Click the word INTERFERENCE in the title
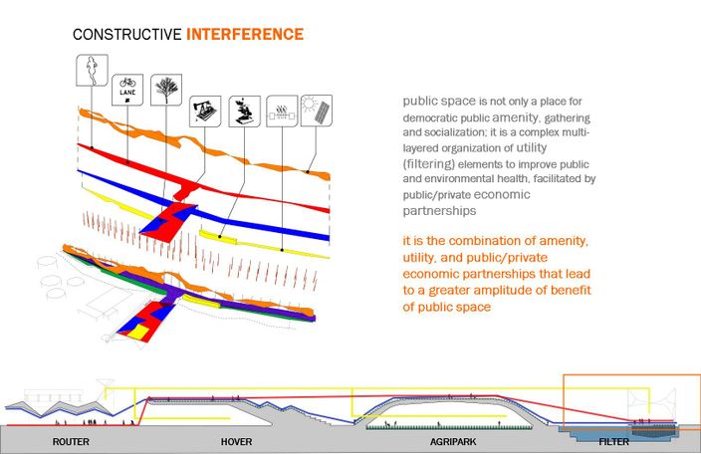click(x=245, y=35)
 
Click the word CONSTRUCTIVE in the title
click(x=127, y=35)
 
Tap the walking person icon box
click(x=92, y=70)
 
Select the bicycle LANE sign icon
click(x=127, y=90)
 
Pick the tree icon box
click(x=166, y=90)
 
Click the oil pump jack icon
click(x=205, y=112)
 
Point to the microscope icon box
click(x=245, y=112)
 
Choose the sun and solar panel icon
click(x=317, y=111)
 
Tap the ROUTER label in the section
click(x=71, y=442)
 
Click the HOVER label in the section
click(x=237, y=442)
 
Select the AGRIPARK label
click(x=453, y=442)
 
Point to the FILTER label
click(x=613, y=442)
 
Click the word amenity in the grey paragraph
click(x=516, y=117)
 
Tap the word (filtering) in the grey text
click(x=429, y=164)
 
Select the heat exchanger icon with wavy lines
click(x=282, y=112)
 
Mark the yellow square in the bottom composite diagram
click(x=138, y=332)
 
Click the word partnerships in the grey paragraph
click(x=439, y=211)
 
